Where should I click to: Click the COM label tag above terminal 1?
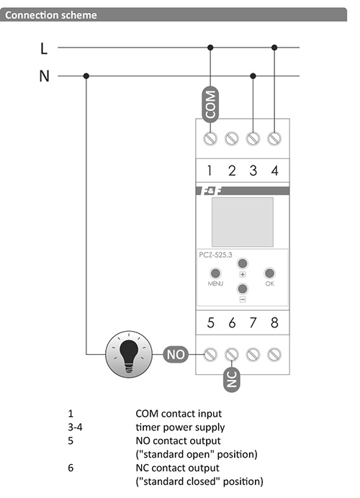coord(210,104)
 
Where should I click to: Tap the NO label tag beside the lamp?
coord(176,355)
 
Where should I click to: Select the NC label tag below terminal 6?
coord(232,379)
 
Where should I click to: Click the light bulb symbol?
coord(129,355)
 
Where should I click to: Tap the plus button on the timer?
coord(243,263)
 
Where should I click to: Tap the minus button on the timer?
coord(243,289)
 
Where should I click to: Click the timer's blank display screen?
coord(243,222)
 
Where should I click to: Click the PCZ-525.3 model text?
coord(215,255)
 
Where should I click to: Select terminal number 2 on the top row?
coord(232,171)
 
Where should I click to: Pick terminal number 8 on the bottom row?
coord(274,322)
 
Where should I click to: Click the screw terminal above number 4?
coord(274,138)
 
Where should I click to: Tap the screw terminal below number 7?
coord(253,355)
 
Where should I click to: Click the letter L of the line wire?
coord(44,49)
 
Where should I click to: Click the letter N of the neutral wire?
coord(44,76)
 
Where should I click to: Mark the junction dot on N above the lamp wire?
coord(86,76)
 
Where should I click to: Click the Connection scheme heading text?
coord(51,15)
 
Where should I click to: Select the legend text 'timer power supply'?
coord(180,427)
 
